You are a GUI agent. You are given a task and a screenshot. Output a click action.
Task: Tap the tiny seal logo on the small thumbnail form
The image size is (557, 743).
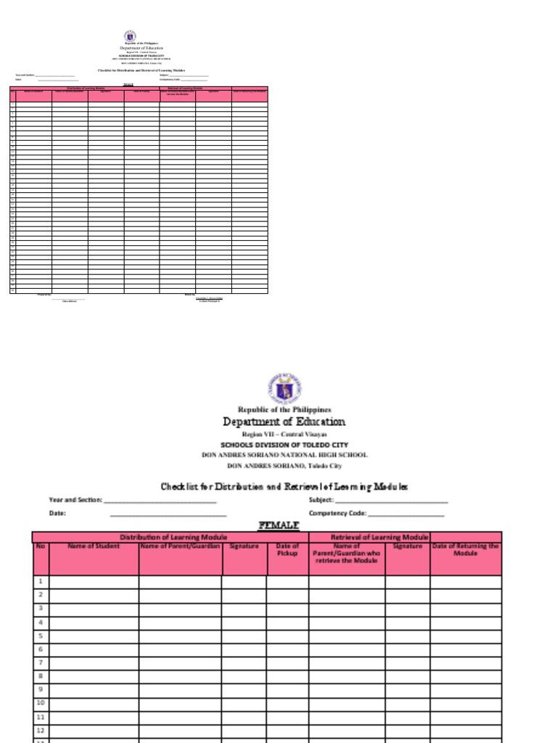[130, 36]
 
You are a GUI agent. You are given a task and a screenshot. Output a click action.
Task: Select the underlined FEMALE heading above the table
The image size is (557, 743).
[278, 524]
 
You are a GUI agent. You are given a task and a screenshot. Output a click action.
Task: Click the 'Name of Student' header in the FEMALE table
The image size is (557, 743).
[94, 546]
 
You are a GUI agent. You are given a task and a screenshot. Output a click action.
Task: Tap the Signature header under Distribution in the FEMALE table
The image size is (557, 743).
[244, 546]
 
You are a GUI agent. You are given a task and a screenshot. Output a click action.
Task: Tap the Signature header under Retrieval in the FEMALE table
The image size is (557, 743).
[408, 546]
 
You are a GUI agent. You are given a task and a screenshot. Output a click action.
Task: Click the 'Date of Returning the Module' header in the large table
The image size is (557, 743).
[465, 549]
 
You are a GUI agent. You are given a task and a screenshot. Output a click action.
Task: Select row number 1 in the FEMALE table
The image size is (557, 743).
[41, 581]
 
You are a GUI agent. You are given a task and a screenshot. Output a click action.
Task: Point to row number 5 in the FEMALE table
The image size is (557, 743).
[41, 636]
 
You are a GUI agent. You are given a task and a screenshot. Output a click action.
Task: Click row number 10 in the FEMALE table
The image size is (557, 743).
[41, 703]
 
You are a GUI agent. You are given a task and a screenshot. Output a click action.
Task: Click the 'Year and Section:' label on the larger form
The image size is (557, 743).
[75, 500]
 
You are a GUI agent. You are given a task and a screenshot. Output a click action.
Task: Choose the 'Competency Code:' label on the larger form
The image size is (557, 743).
[337, 513]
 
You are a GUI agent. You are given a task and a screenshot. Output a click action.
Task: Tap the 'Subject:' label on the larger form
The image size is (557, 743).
[321, 500]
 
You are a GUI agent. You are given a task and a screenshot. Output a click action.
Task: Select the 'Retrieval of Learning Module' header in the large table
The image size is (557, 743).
[369, 537]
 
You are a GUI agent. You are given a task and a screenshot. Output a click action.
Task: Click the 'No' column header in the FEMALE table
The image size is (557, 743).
[41, 546]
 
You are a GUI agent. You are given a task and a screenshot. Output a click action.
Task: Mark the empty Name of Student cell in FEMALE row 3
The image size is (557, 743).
[94, 609]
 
